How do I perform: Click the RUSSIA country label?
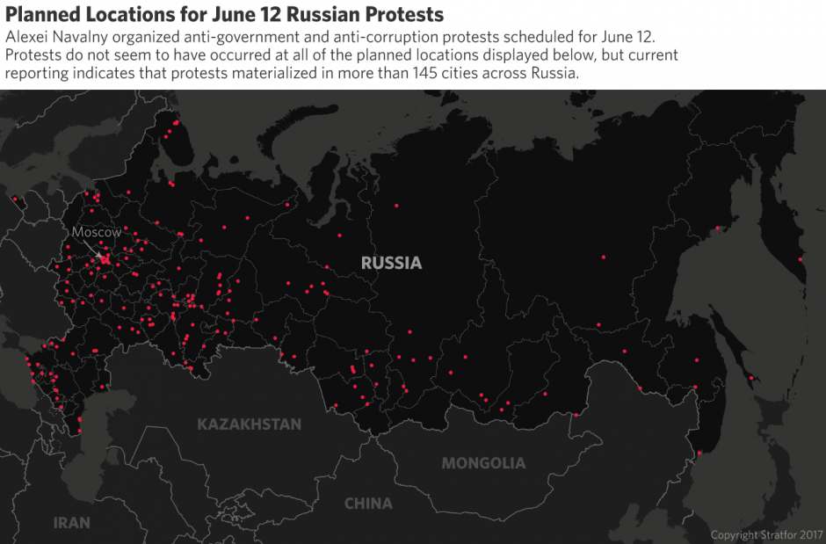point(391,263)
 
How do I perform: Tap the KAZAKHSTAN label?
point(249,424)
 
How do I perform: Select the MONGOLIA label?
point(483,463)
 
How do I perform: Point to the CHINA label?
point(368,504)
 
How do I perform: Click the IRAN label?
point(71,522)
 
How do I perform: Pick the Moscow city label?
point(96,232)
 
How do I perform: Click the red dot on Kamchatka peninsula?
point(800,258)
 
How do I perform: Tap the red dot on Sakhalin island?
point(751,379)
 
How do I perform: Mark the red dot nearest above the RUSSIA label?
point(396,206)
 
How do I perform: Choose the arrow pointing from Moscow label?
point(100,250)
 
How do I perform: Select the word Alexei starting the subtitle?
point(26,38)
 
